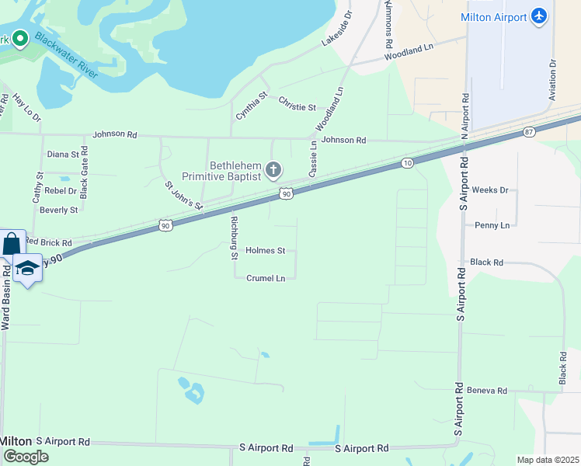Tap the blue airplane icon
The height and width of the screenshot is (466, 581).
pos(540,16)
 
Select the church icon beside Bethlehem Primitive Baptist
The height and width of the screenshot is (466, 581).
pos(273,169)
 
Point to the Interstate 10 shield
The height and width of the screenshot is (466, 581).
pos(408,162)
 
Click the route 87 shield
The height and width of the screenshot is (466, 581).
pos(529,133)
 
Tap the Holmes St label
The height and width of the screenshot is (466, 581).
pos(266,251)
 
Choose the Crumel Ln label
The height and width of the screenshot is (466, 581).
pos(266,278)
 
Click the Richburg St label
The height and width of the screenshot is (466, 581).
pos(232,238)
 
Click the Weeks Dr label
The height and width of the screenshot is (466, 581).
pos(489,190)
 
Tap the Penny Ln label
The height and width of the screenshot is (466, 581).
pos(492,225)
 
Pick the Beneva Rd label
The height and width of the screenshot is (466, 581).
pos(485,391)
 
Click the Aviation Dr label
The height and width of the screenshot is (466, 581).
pos(553,80)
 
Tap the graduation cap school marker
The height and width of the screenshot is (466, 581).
pos(27,268)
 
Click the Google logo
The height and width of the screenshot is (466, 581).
pos(25,456)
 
